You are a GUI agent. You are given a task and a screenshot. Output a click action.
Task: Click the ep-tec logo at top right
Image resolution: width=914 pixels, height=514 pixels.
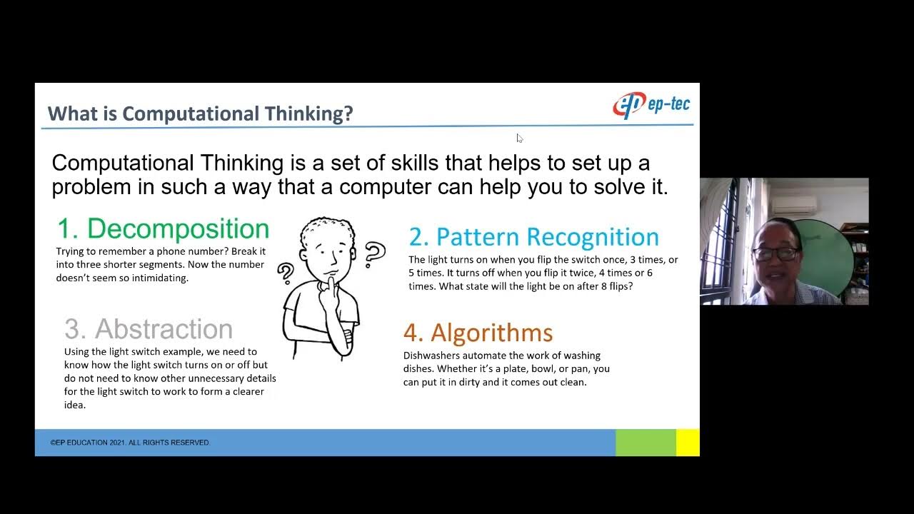click(x=651, y=105)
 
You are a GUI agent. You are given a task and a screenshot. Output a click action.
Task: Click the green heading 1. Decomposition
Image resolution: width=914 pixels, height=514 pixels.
click(x=163, y=228)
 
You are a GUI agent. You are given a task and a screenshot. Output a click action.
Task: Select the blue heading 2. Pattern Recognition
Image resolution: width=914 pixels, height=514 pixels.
click(x=533, y=236)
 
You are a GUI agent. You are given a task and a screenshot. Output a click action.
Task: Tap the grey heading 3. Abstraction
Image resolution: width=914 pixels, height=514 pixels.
click(x=149, y=329)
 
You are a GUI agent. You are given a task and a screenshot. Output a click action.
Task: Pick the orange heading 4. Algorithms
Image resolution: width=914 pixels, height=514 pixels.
click(x=478, y=333)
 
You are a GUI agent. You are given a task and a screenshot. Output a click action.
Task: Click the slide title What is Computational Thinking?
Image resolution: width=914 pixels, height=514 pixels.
click(x=200, y=114)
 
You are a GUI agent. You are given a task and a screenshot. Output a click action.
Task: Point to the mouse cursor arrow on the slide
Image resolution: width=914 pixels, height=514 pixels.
click(x=519, y=138)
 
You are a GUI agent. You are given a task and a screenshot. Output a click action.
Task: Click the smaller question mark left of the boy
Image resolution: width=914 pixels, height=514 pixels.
click(x=286, y=272)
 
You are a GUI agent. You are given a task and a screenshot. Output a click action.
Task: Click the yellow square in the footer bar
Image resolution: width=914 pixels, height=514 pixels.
click(x=687, y=443)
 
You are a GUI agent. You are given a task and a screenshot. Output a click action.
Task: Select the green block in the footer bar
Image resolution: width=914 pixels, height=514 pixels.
click(x=646, y=443)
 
